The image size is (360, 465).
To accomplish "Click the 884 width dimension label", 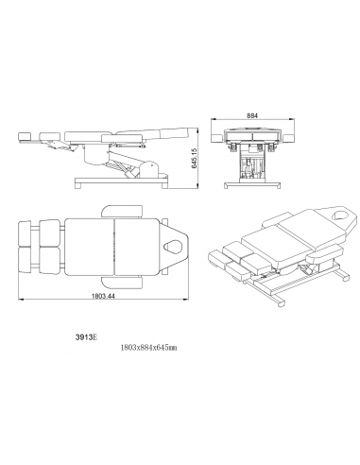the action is pyautogui.click(x=252, y=116).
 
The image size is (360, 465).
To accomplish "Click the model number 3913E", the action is pyautogui.click(x=87, y=336).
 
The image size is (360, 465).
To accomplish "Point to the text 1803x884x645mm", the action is pyautogui.click(x=148, y=348).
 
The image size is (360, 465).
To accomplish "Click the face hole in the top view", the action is pyautogui.click(x=173, y=246).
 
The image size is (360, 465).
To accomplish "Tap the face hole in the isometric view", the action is pyautogui.click(x=340, y=215).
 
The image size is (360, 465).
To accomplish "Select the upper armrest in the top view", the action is pyautogui.click(x=122, y=211).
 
